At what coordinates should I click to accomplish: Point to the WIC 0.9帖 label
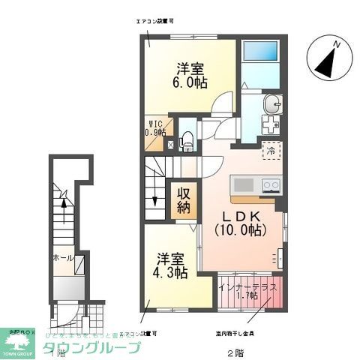(x=155, y=130)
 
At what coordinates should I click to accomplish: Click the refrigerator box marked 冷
(x=270, y=149)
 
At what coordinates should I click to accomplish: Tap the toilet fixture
(x=187, y=138)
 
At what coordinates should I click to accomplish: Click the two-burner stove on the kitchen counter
(x=270, y=184)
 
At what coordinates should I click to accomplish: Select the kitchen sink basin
(x=244, y=184)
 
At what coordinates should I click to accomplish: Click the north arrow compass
(x=328, y=60)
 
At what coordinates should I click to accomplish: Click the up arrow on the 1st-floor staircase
(x=64, y=198)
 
